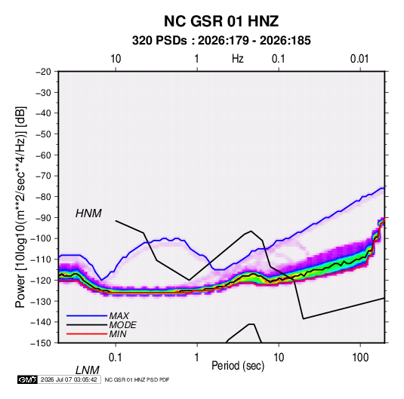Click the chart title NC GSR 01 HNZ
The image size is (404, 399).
[x=221, y=21]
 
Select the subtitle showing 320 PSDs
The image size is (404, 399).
[x=221, y=41]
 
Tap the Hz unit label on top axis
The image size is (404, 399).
[x=238, y=59]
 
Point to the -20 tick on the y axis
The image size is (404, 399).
[x=43, y=72]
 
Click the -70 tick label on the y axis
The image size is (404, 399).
[x=43, y=176]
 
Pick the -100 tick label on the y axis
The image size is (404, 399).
[x=41, y=238]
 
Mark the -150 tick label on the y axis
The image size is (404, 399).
[x=41, y=343]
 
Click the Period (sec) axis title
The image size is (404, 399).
[x=238, y=366]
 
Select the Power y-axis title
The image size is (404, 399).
[x=20, y=207]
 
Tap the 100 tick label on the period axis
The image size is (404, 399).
[x=360, y=357]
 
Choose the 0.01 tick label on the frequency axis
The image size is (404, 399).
[x=359, y=59]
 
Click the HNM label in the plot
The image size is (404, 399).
[x=88, y=213]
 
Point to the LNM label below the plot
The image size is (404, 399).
[x=87, y=370]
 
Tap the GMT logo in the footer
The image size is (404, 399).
[x=28, y=379]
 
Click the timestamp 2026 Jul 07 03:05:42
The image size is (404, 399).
[x=69, y=379]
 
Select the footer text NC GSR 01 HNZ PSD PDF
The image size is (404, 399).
[x=137, y=379]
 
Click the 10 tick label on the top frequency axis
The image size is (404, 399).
[x=116, y=59]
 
